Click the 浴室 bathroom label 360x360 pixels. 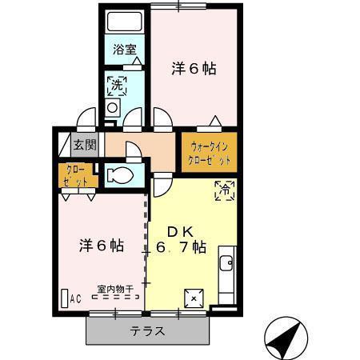click(124, 50)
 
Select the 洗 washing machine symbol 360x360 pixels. click(116, 83)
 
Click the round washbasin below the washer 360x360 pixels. click(113, 106)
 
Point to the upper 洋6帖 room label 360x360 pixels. click(194, 68)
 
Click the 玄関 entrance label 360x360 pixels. click(84, 145)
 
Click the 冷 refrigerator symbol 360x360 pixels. click(225, 190)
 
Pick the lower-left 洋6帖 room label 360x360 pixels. click(100, 245)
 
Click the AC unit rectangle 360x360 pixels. click(65, 298)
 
